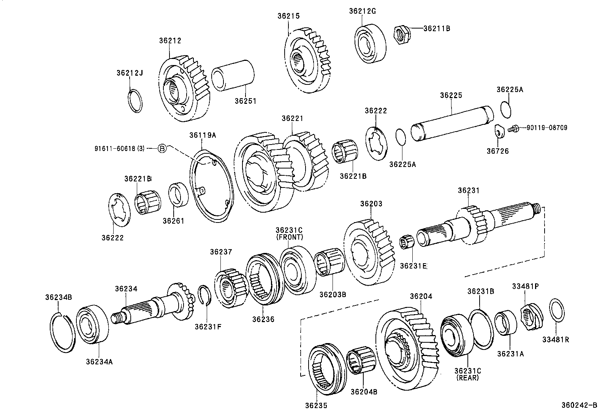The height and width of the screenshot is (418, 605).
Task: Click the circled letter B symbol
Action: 162,148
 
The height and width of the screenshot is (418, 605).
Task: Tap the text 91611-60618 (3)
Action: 120,148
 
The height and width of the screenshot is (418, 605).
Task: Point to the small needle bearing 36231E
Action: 407,242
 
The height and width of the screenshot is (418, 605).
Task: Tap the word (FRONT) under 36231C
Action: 289,237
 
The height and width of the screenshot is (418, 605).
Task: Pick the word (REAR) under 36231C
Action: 467,378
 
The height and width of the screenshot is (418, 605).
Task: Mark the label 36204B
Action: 364,392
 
